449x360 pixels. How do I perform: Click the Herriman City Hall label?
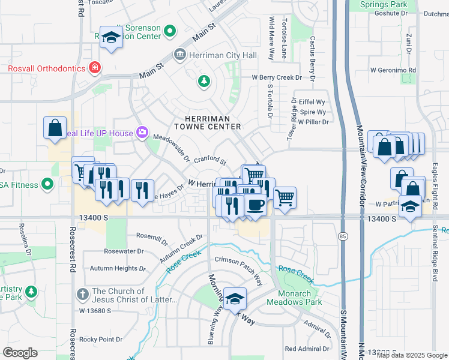pos(223,55)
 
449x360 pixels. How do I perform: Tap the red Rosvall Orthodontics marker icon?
pos(94,68)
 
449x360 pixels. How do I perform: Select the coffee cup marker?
pos(255,206)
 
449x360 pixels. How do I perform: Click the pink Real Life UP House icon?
pos(142,132)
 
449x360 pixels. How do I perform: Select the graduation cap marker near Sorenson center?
pos(111,38)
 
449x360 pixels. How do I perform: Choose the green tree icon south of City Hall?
pos(204,80)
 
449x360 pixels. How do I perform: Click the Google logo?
pos(20,352)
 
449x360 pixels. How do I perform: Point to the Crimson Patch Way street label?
pos(239,270)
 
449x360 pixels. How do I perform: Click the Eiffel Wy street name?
pos(312,102)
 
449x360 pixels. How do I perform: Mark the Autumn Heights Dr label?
pos(118,268)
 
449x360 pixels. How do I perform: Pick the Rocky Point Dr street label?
pos(101,339)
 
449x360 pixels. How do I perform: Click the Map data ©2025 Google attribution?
pos(411,355)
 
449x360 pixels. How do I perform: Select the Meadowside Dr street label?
pos(171,148)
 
